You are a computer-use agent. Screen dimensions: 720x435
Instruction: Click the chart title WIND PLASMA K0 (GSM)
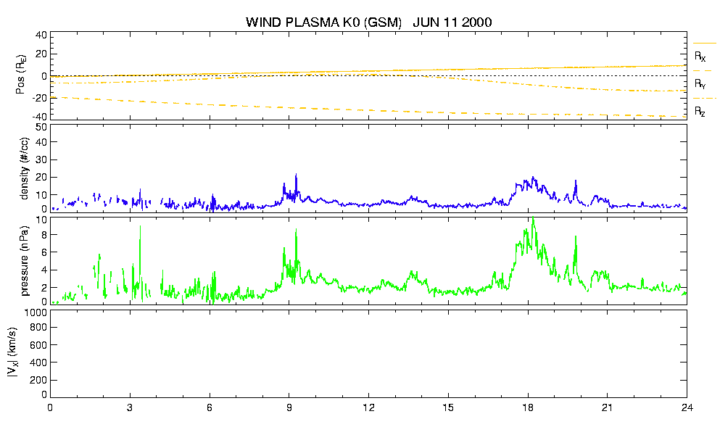[x=323, y=22]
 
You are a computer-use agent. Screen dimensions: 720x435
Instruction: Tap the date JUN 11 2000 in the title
[x=452, y=22]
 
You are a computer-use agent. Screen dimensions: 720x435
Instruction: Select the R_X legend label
[x=700, y=57]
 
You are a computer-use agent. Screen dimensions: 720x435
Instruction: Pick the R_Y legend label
[x=700, y=83]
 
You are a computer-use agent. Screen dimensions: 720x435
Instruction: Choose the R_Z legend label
[x=700, y=111]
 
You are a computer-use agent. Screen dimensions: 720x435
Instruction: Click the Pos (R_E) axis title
[x=21, y=75]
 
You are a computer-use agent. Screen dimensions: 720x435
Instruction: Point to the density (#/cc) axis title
[x=25, y=168]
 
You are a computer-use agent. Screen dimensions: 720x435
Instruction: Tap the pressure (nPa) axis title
[x=25, y=261]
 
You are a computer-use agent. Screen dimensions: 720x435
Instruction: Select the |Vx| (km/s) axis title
[x=13, y=353]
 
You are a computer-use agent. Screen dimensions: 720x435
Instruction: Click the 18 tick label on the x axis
[x=528, y=408]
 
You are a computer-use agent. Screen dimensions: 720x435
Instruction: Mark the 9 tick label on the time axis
[x=289, y=408]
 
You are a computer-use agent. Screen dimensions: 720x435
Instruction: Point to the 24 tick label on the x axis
[x=687, y=408]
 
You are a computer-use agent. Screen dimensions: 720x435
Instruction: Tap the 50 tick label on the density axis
[x=41, y=128]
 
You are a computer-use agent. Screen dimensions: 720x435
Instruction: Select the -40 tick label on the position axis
[x=38, y=116]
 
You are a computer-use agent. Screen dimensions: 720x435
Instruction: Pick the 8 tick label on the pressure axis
[x=44, y=235]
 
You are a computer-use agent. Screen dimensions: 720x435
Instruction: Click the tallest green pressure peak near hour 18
[x=533, y=219]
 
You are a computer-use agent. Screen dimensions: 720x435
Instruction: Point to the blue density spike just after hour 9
[x=296, y=175]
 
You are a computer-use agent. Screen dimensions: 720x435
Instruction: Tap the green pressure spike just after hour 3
[x=140, y=226]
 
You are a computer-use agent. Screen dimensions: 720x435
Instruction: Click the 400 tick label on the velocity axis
[x=38, y=363]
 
